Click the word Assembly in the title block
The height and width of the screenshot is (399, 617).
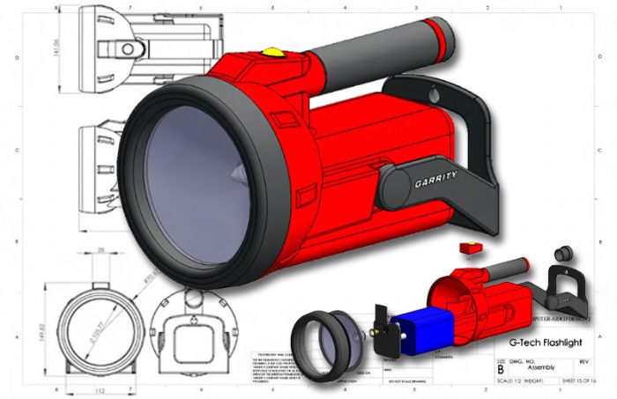pyautogui.click(x=541, y=369)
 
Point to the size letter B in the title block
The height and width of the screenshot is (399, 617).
pyautogui.click(x=502, y=371)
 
